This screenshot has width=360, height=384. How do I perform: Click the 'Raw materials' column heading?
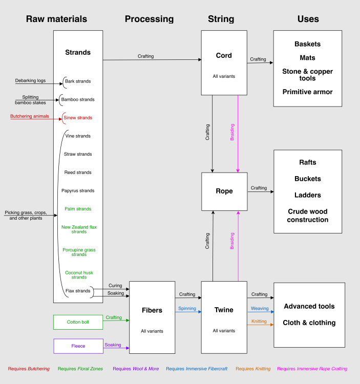[56, 19]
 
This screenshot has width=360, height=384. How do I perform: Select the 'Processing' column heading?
[149, 19]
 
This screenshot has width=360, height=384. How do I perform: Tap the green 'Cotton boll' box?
[78, 322]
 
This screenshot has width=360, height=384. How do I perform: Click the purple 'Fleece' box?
[78, 346]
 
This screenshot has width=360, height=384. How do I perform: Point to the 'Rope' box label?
[224, 191]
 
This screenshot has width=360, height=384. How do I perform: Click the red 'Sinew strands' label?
[78, 118]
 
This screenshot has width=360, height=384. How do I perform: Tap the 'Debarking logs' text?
[30, 80]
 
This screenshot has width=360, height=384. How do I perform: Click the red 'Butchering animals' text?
[30, 116]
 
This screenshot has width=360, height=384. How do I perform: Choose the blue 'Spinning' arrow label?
[187, 308]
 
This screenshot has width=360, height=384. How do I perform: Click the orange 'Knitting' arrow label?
[259, 321]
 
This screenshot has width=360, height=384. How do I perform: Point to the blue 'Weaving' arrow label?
[260, 308]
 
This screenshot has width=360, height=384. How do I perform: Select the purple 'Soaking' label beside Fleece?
[113, 345]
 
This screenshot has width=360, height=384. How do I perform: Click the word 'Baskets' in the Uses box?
[307, 44]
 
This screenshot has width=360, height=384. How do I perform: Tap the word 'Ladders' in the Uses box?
[308, 195]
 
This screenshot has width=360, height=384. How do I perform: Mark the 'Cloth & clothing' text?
[309, 323]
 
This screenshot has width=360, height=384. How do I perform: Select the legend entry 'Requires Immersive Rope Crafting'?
[312, 369]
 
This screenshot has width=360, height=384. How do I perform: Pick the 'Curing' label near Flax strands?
[116, 286]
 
